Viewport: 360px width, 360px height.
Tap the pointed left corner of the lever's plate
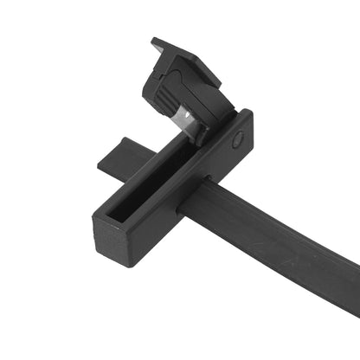[154, 41]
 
